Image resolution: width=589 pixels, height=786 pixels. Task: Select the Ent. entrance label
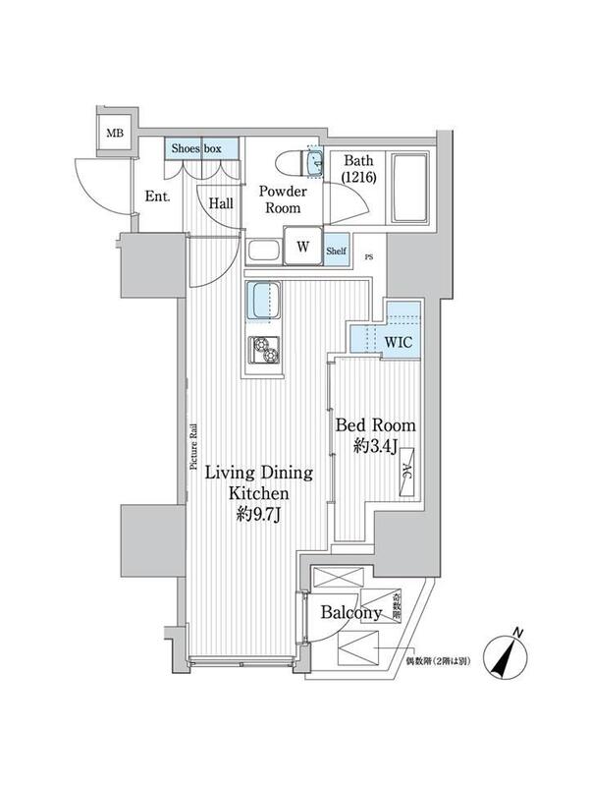pos(158,196)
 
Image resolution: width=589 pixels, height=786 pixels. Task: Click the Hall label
pos(221,203)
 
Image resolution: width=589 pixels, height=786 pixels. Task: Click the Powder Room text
pos(283,199)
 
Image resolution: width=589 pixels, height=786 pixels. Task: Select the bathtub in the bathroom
pos(407,187)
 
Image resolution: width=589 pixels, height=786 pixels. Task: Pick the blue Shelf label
pos(336,251)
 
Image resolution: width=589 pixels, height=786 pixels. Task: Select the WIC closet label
pos(398,343)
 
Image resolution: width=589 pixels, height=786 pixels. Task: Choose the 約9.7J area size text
pos(257,515)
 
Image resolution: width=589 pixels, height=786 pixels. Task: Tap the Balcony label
pos(350,613)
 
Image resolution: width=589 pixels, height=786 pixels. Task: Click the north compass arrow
pos(509,653)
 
